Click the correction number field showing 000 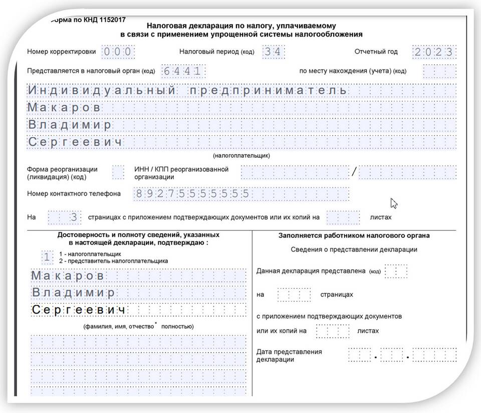(x=118, y=52)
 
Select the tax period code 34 (x=274, y=52)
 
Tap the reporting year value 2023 (x=434, y=52)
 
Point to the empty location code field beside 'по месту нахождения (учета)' (x=439, y=71)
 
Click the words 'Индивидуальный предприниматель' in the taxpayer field (x=187, y=90)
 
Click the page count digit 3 (x=74, y=218)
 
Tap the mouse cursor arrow (x=394, y=203)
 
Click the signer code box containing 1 (x=47, y=257)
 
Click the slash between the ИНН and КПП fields (x=354, y=172)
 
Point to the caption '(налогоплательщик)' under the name (x=241, y=156)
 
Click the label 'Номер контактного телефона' (x=74, y=194)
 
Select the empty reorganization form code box (x=118, y=172)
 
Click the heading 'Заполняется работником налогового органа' (x=354, y=235)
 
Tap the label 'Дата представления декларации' (x=289, y=355)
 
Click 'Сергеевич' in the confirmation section (x=78, y=310)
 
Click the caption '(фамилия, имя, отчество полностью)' (x=139, y=326)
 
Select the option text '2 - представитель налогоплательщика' (x=113, y=261)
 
